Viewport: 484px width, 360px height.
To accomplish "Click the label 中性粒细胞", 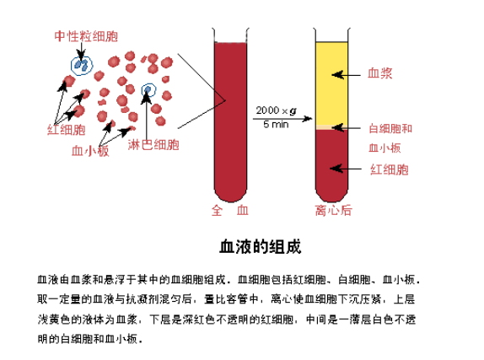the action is click(x=86, y=36).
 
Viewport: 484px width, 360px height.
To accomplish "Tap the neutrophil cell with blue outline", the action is click(x=82, y=65).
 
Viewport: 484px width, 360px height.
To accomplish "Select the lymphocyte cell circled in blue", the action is click(x=148, y=90).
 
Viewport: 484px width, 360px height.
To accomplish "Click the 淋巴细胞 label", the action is click(x=153, y=144).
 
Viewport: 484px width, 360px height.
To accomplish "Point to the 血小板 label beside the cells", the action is click(x=90, y=151).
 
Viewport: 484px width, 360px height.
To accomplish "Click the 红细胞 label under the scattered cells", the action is click(x=66, y=130).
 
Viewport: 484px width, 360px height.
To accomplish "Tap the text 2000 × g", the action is click(x=276, y=110).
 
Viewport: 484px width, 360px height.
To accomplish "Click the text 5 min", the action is click(x=276, y=124).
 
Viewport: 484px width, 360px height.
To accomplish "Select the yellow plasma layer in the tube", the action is click(x=332, y=83).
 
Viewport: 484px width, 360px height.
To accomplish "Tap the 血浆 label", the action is click(x=380, y=73).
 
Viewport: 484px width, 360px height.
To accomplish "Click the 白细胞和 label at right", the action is click(x=390, y=128).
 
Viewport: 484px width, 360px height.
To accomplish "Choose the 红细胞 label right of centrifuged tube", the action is click(x=390, y=169).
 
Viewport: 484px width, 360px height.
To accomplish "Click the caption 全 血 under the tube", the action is click(x=230, y=210).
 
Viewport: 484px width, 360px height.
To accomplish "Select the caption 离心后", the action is click(x=333, y=210).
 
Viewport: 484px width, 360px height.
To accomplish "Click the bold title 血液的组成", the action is click(x=261, y=246).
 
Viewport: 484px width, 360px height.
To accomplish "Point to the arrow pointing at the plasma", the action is click(x=346, y=75).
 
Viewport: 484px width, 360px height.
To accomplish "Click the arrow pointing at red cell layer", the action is click(x=346, y=169).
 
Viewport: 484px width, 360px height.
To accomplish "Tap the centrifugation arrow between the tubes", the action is click(x=282, y=119).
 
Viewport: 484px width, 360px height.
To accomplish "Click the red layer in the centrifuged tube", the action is click(x=332, y=164).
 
